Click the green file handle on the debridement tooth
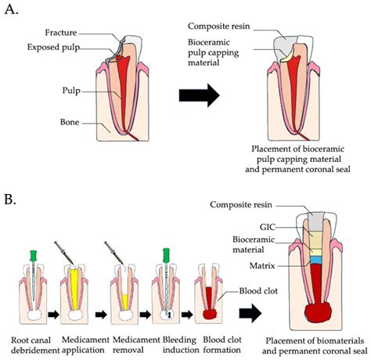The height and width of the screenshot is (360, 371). click(33, 255)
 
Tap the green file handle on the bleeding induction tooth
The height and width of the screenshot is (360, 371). click(167, 255)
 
